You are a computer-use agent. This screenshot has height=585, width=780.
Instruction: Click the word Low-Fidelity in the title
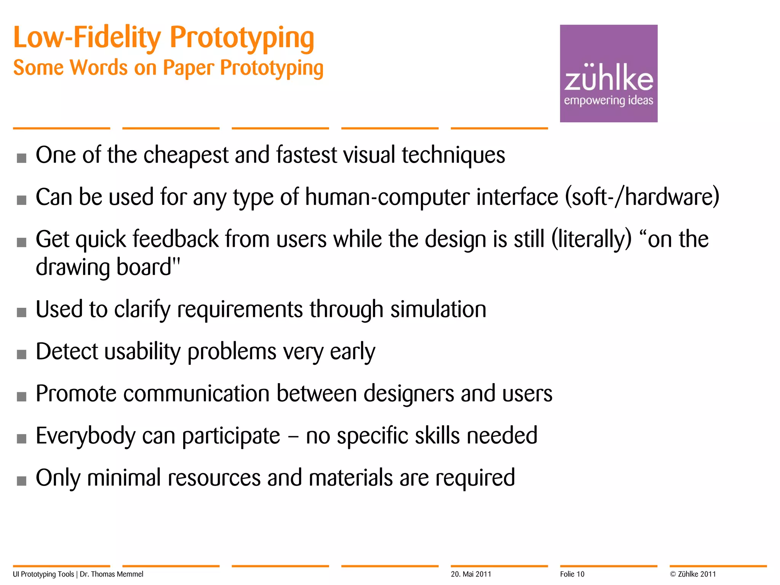(87, 38)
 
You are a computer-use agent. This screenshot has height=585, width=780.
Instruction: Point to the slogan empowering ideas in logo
(608, 101)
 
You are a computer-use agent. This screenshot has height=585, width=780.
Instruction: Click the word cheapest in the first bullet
(186, 155)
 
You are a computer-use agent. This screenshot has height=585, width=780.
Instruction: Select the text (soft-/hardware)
(642, 197)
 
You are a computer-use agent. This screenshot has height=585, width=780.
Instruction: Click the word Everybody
(85, 436)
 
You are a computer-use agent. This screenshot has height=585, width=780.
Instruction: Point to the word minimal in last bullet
(124, 478)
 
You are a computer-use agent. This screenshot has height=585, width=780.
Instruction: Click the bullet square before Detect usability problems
(22, 355)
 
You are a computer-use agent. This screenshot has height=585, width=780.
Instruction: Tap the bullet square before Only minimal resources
(22, 481)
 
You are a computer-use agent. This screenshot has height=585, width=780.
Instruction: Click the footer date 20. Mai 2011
(471, 574)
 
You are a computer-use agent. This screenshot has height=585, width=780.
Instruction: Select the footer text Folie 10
(572, 574)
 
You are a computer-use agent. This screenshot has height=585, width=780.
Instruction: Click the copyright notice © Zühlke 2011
(693, 574)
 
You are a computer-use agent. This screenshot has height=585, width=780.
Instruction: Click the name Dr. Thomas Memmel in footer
(112, 574)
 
